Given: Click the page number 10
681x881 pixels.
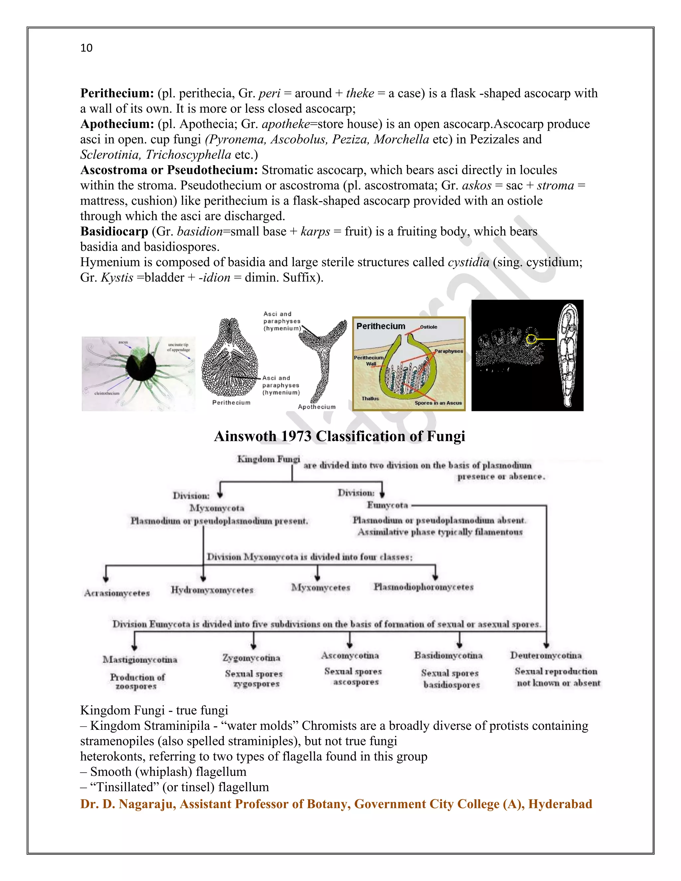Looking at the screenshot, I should click(86, 48).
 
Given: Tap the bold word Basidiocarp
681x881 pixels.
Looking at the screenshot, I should click(114, 231).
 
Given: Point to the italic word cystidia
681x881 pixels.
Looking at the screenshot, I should click(469, 262).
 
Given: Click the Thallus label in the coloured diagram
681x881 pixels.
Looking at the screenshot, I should click(370, 399).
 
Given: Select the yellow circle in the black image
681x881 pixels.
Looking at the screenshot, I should click(532, 340).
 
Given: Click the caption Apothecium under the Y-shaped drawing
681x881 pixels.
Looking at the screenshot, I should click(317, 407).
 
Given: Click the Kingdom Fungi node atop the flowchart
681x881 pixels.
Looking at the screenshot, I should click(268, 459).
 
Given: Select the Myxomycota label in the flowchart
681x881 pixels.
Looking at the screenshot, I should click(217, 508).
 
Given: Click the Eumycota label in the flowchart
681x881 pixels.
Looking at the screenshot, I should click(387, 505).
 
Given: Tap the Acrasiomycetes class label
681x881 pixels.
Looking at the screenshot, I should click(117, 593).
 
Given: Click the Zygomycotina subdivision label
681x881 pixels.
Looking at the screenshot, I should click(251, 658).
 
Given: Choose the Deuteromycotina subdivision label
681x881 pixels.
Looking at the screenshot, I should click(546, 656).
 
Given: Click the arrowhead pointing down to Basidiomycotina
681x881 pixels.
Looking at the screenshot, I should click(459, 645).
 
